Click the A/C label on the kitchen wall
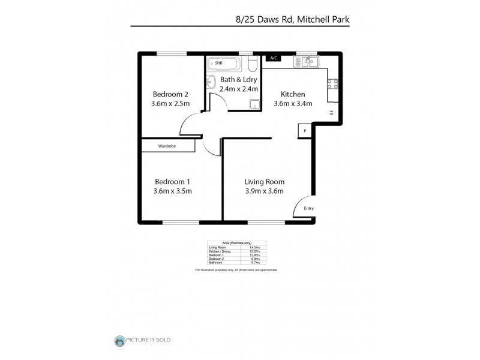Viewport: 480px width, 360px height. pyautogui.click(x=273, y=58)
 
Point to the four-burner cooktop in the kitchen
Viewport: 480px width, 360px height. pyautogui.click(x=332, y=85)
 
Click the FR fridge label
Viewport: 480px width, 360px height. pyautogui.click(x=331, y=112)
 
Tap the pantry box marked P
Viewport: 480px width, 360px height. pyautogui.click(x=305, y=130)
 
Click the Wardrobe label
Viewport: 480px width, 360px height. pyautogui.click(x=167, y=146)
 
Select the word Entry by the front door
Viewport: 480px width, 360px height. pyautogui.click(x=308, y=208)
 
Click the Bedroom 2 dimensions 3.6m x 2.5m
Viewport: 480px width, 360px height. pyautogui.click(x=171, y=104)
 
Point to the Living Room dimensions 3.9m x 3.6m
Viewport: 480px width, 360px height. pyautogui.click(x=264, y=191)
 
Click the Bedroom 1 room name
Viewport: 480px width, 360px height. pyautogui.click(x=172, y=182)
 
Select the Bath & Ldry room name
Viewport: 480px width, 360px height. pyautogui.click(x=238, y=79)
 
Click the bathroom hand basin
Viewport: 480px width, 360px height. pyautogui.click(x=211, y=82)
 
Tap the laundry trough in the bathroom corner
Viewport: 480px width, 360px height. pyautogui.click(x=256, y=106)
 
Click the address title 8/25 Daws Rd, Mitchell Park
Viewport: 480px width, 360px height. pyautogui.click(x=292, y=19)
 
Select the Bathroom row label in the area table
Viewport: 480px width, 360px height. pyautogui.click(x=216, y=263)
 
